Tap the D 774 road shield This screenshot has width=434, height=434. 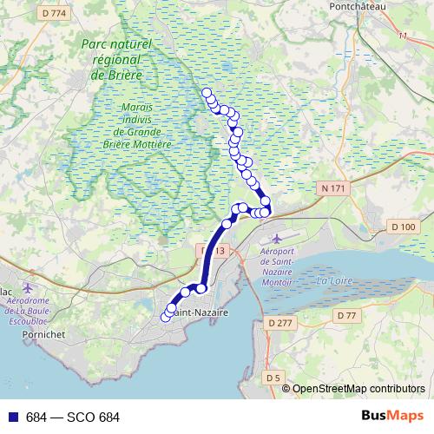click(53, 13)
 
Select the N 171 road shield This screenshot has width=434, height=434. click(332, 188)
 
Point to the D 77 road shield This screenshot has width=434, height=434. click(346, 314)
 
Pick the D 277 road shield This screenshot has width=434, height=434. click(281, 323)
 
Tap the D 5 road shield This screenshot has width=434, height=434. click(273, 378)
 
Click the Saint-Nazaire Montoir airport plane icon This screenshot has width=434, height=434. click(277, 239)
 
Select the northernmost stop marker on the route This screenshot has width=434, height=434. click(207, 93)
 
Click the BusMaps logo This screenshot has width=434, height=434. click(392, 417)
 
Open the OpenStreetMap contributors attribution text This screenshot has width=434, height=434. click(358, 389)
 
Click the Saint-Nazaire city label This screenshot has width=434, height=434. click(201, 312)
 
